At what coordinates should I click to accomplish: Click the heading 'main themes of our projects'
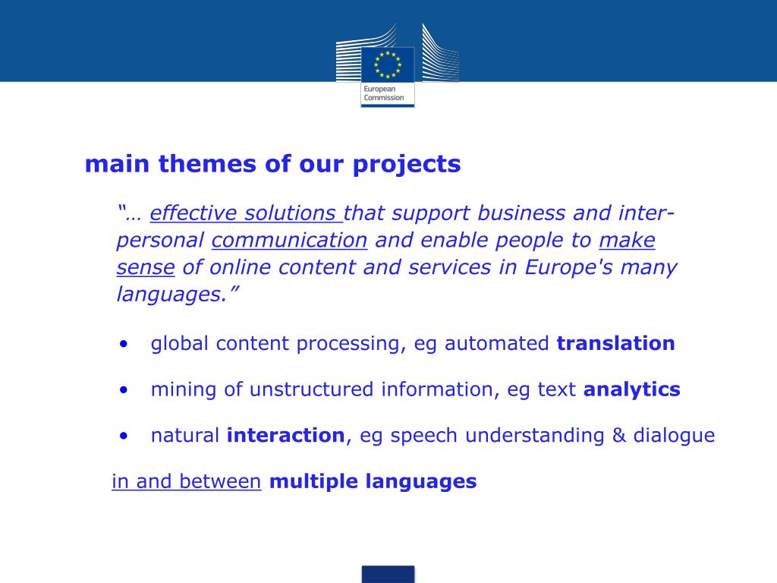point(272,164)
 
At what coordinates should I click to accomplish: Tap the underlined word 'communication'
point(289,241)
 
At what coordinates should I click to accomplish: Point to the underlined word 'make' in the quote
point(627,241)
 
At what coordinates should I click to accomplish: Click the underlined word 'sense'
point(146,267)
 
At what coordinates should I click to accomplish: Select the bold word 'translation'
point(615,343)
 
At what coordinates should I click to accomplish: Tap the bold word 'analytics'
point(631,389)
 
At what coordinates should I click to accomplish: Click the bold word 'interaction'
point(285,436)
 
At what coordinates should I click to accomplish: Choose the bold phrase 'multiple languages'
point(373,481)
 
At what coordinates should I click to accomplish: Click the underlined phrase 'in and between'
point(187,481)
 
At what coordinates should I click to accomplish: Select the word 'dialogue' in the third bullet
point(674,436)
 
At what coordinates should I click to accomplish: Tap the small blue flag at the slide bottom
point(388,574)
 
